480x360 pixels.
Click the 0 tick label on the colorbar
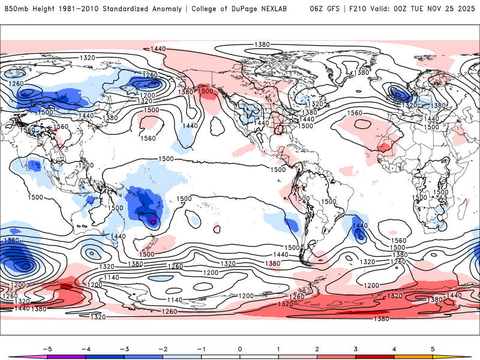(239, 348)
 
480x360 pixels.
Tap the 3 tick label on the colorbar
(356, 348)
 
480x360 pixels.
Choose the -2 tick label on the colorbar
(162, 348)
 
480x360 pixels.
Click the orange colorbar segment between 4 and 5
(414, 357)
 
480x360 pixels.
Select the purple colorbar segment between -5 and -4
(66, 357)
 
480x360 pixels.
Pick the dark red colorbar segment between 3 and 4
(375, 357)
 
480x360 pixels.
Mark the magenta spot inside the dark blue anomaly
(153, 221)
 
